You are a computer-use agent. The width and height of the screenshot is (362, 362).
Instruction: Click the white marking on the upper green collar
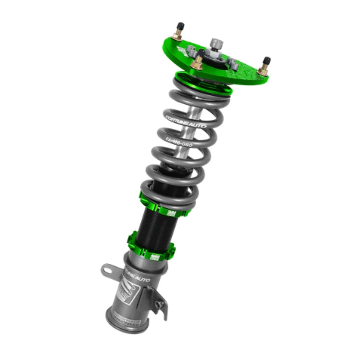tap(172, 213)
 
